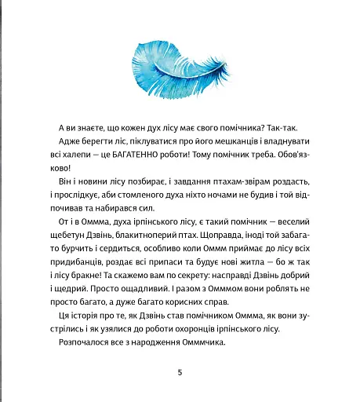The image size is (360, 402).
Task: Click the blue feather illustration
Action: (x=179, y=62)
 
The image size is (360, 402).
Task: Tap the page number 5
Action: (x=180, y=372)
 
